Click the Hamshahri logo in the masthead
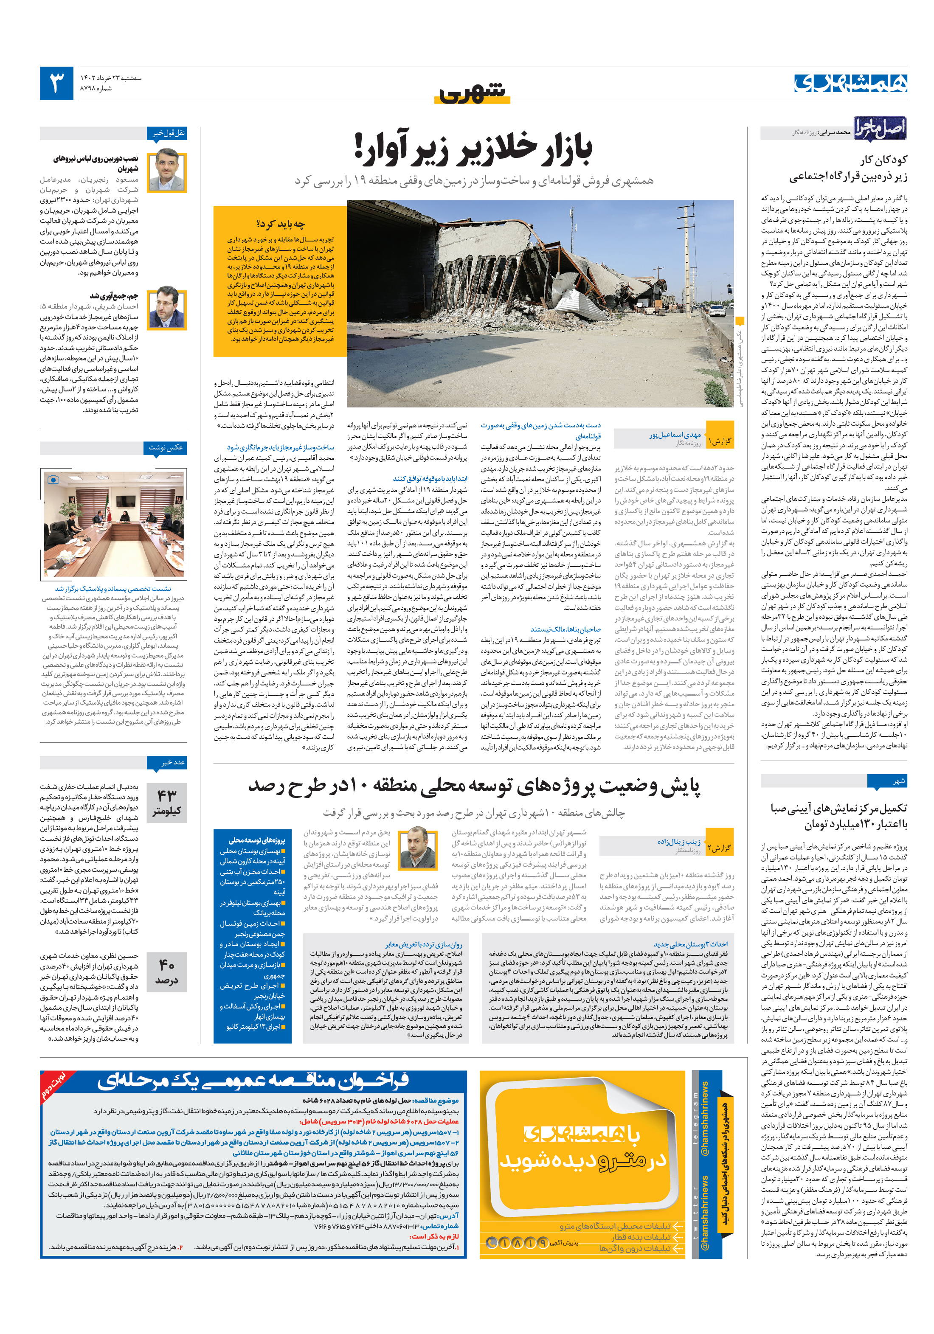click(x=850, y=83)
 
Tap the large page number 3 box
click(x=56, y=83)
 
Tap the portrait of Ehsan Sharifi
click(x=167, y=307)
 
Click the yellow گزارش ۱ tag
click(x=720, y=441)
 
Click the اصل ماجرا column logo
click(x=879, y=128)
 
